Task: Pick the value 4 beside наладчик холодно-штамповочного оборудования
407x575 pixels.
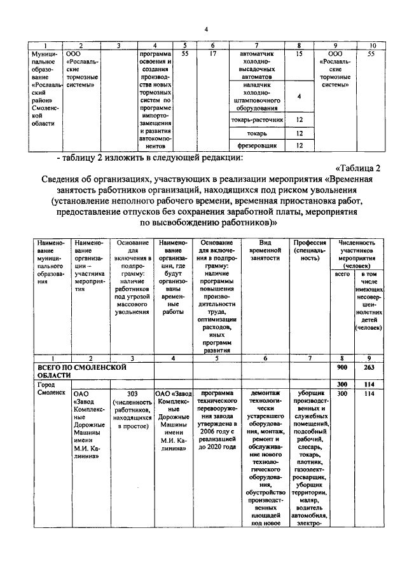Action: (298, 96)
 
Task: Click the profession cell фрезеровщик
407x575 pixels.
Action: (256, 145)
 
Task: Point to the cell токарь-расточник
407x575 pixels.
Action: (256, 119)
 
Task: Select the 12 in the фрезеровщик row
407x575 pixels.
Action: (298, 145)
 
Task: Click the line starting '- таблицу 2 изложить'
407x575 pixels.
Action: (153, 157)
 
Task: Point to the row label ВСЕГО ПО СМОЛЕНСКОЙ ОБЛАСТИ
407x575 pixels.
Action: (76, 371)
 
